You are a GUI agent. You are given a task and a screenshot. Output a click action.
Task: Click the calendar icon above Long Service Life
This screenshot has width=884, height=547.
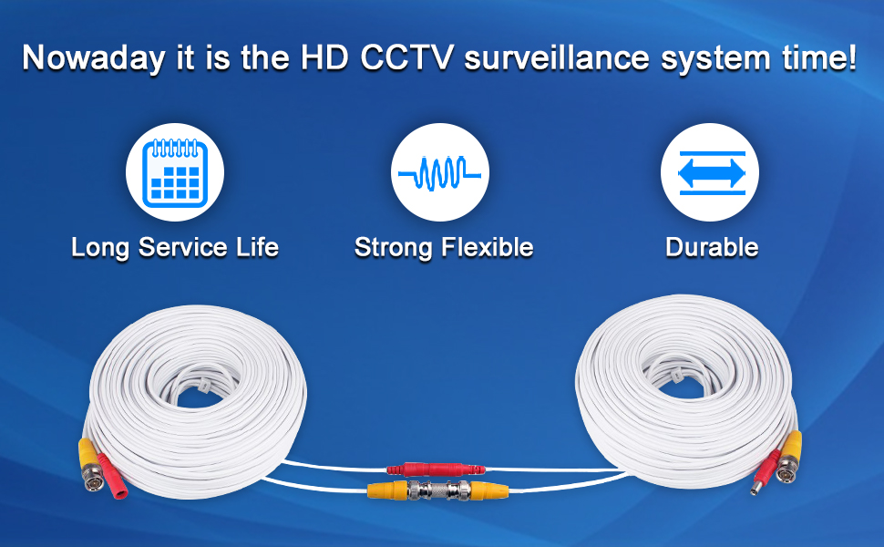click(x=174, y=172)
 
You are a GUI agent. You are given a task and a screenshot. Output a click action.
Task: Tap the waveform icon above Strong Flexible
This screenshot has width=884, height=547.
click(x=440, y=172)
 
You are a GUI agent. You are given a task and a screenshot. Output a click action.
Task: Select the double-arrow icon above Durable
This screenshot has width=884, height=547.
click(x=710, y=172)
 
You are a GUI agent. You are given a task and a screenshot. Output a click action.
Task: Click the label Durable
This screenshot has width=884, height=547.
click(x=712, y=247)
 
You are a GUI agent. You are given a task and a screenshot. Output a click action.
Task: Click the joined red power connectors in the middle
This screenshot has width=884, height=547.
click(x=432, y=470)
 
